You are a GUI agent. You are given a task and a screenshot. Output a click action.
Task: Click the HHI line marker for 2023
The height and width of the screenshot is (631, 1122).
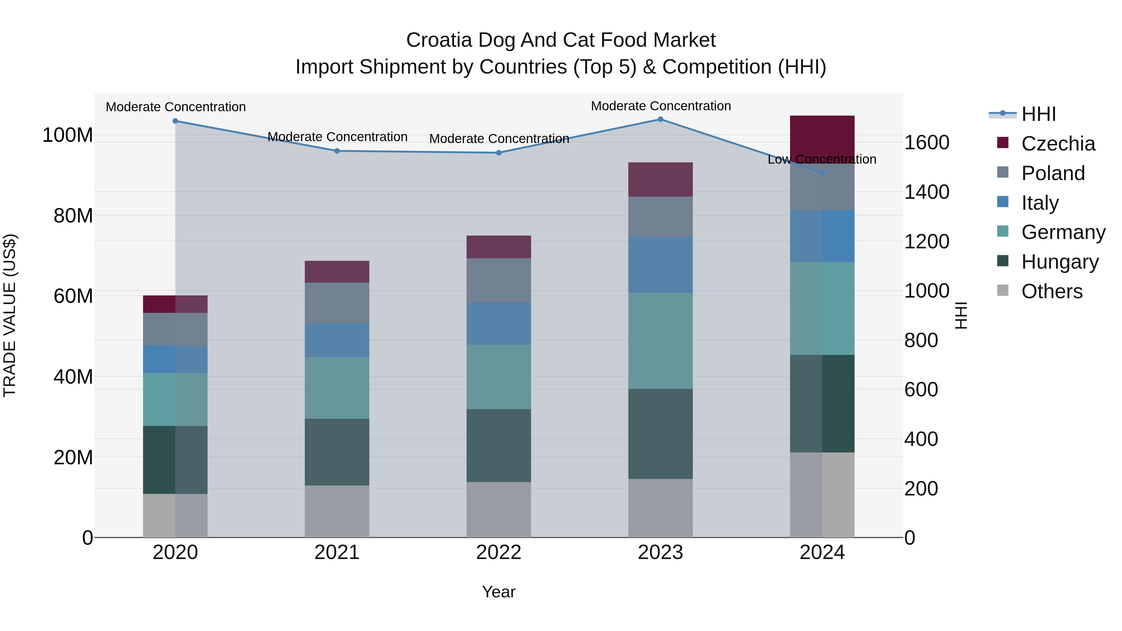coord(660,119)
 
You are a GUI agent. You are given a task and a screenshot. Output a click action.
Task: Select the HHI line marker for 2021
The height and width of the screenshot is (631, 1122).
coord(337,151)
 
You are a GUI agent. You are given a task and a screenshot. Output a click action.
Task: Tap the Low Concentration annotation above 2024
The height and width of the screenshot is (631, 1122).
coord(822,159)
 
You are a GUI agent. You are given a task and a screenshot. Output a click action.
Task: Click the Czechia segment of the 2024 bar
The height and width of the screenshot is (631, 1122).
coord(822,139)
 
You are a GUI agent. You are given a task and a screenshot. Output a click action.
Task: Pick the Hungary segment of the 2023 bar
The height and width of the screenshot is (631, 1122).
coord(660,434)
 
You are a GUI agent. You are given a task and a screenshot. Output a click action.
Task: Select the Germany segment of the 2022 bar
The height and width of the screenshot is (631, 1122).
coord(499,377)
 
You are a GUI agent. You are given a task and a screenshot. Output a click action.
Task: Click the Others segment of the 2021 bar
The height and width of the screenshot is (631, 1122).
coord(337,511)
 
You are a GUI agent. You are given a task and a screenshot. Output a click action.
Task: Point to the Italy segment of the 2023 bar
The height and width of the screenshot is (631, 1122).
coord(660,265)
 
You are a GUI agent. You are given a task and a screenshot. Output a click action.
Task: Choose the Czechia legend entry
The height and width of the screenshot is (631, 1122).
coord(1057,144)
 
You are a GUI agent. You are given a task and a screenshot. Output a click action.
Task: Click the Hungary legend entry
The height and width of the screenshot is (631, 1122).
coord(1059,262)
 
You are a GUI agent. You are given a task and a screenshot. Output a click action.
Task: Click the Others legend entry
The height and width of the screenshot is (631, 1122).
coord(1052,291)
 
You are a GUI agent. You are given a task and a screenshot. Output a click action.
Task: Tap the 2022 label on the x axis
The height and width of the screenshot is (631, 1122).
coord(499,552)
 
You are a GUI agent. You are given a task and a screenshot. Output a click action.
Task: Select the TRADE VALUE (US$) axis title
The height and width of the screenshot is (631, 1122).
coord(10,315)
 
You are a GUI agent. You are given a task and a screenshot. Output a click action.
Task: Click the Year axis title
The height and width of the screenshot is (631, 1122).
coord(499,592)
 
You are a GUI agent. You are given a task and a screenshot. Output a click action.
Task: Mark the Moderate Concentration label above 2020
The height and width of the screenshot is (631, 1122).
coord(175,107)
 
